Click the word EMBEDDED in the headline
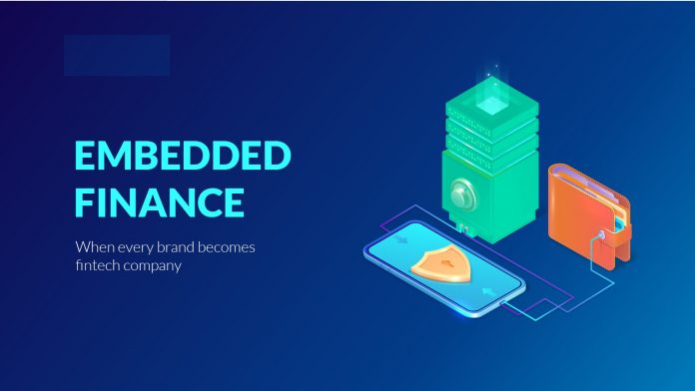click(x=184, y=157)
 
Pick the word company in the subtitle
click(x=156, y=267)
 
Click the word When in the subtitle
click(x=94, y=246)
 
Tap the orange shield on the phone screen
click(x=440, y=263)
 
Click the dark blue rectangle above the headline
click(x=116, y=56)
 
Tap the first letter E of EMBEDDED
click(x=89, y=157)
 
